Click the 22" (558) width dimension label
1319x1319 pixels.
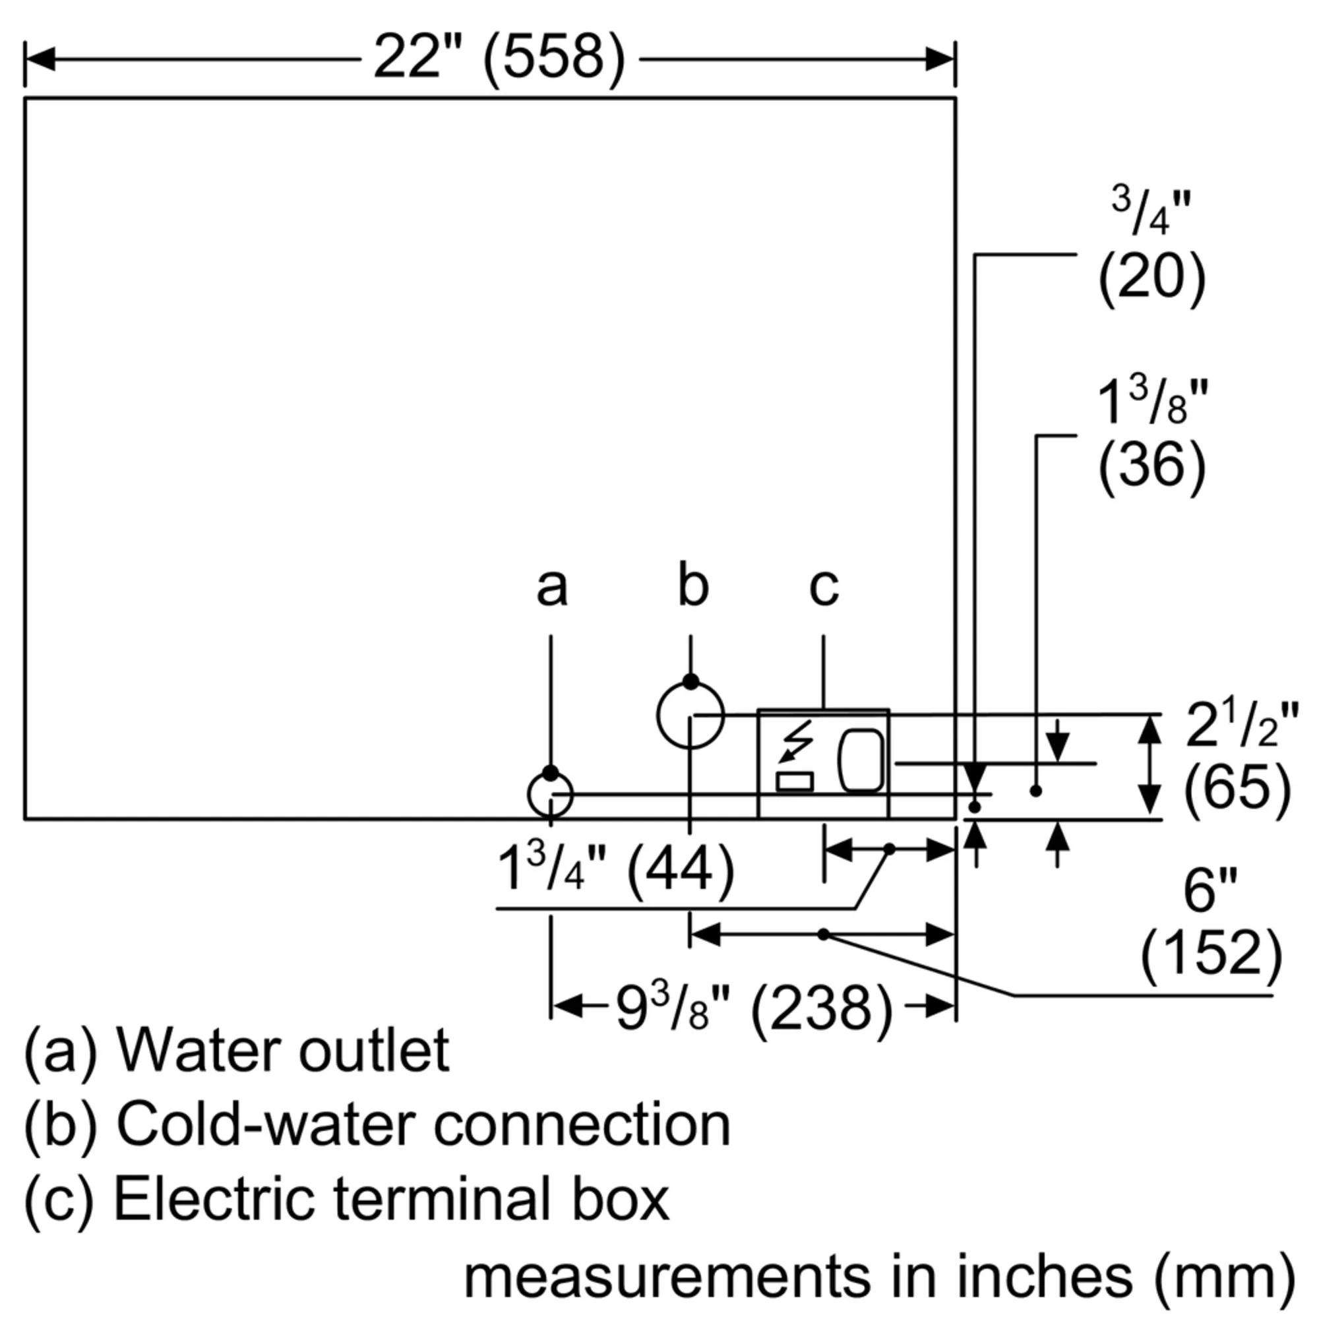click(x=499, y=59)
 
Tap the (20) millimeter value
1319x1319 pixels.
click(x=1151, y=278)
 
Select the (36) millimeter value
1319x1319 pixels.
click(x=1151, y=466)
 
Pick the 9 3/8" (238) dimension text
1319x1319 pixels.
click(x=754, y=1008)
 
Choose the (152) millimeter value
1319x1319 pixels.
click(x=1211, y=954)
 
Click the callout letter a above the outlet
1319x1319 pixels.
click(x=551, y=588)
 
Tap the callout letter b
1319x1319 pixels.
click(x=692, y=584)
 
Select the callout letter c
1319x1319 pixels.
click(x=823, y=588)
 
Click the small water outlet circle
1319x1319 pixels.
click(x=550, y=795)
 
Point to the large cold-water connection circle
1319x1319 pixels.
click(x=690, y=715)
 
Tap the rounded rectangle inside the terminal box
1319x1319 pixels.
click(x=861, y=760)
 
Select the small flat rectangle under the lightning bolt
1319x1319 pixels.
click(x=795, y=782)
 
